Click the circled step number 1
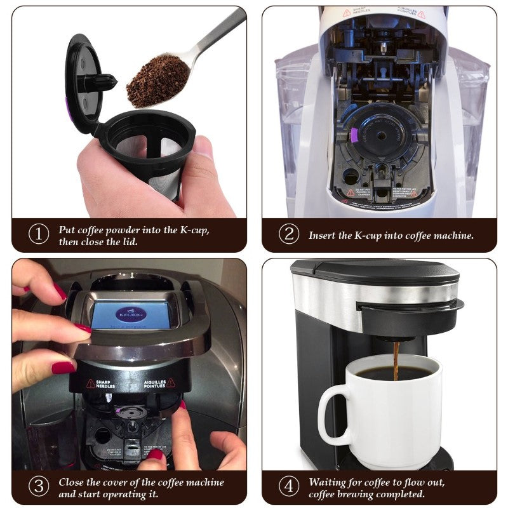coord(39,234)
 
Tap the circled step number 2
coord(289,234)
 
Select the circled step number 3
coord(39,486)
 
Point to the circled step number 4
coord(289,486)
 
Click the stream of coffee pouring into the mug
coord(396,359)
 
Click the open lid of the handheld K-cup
coord(86,83)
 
